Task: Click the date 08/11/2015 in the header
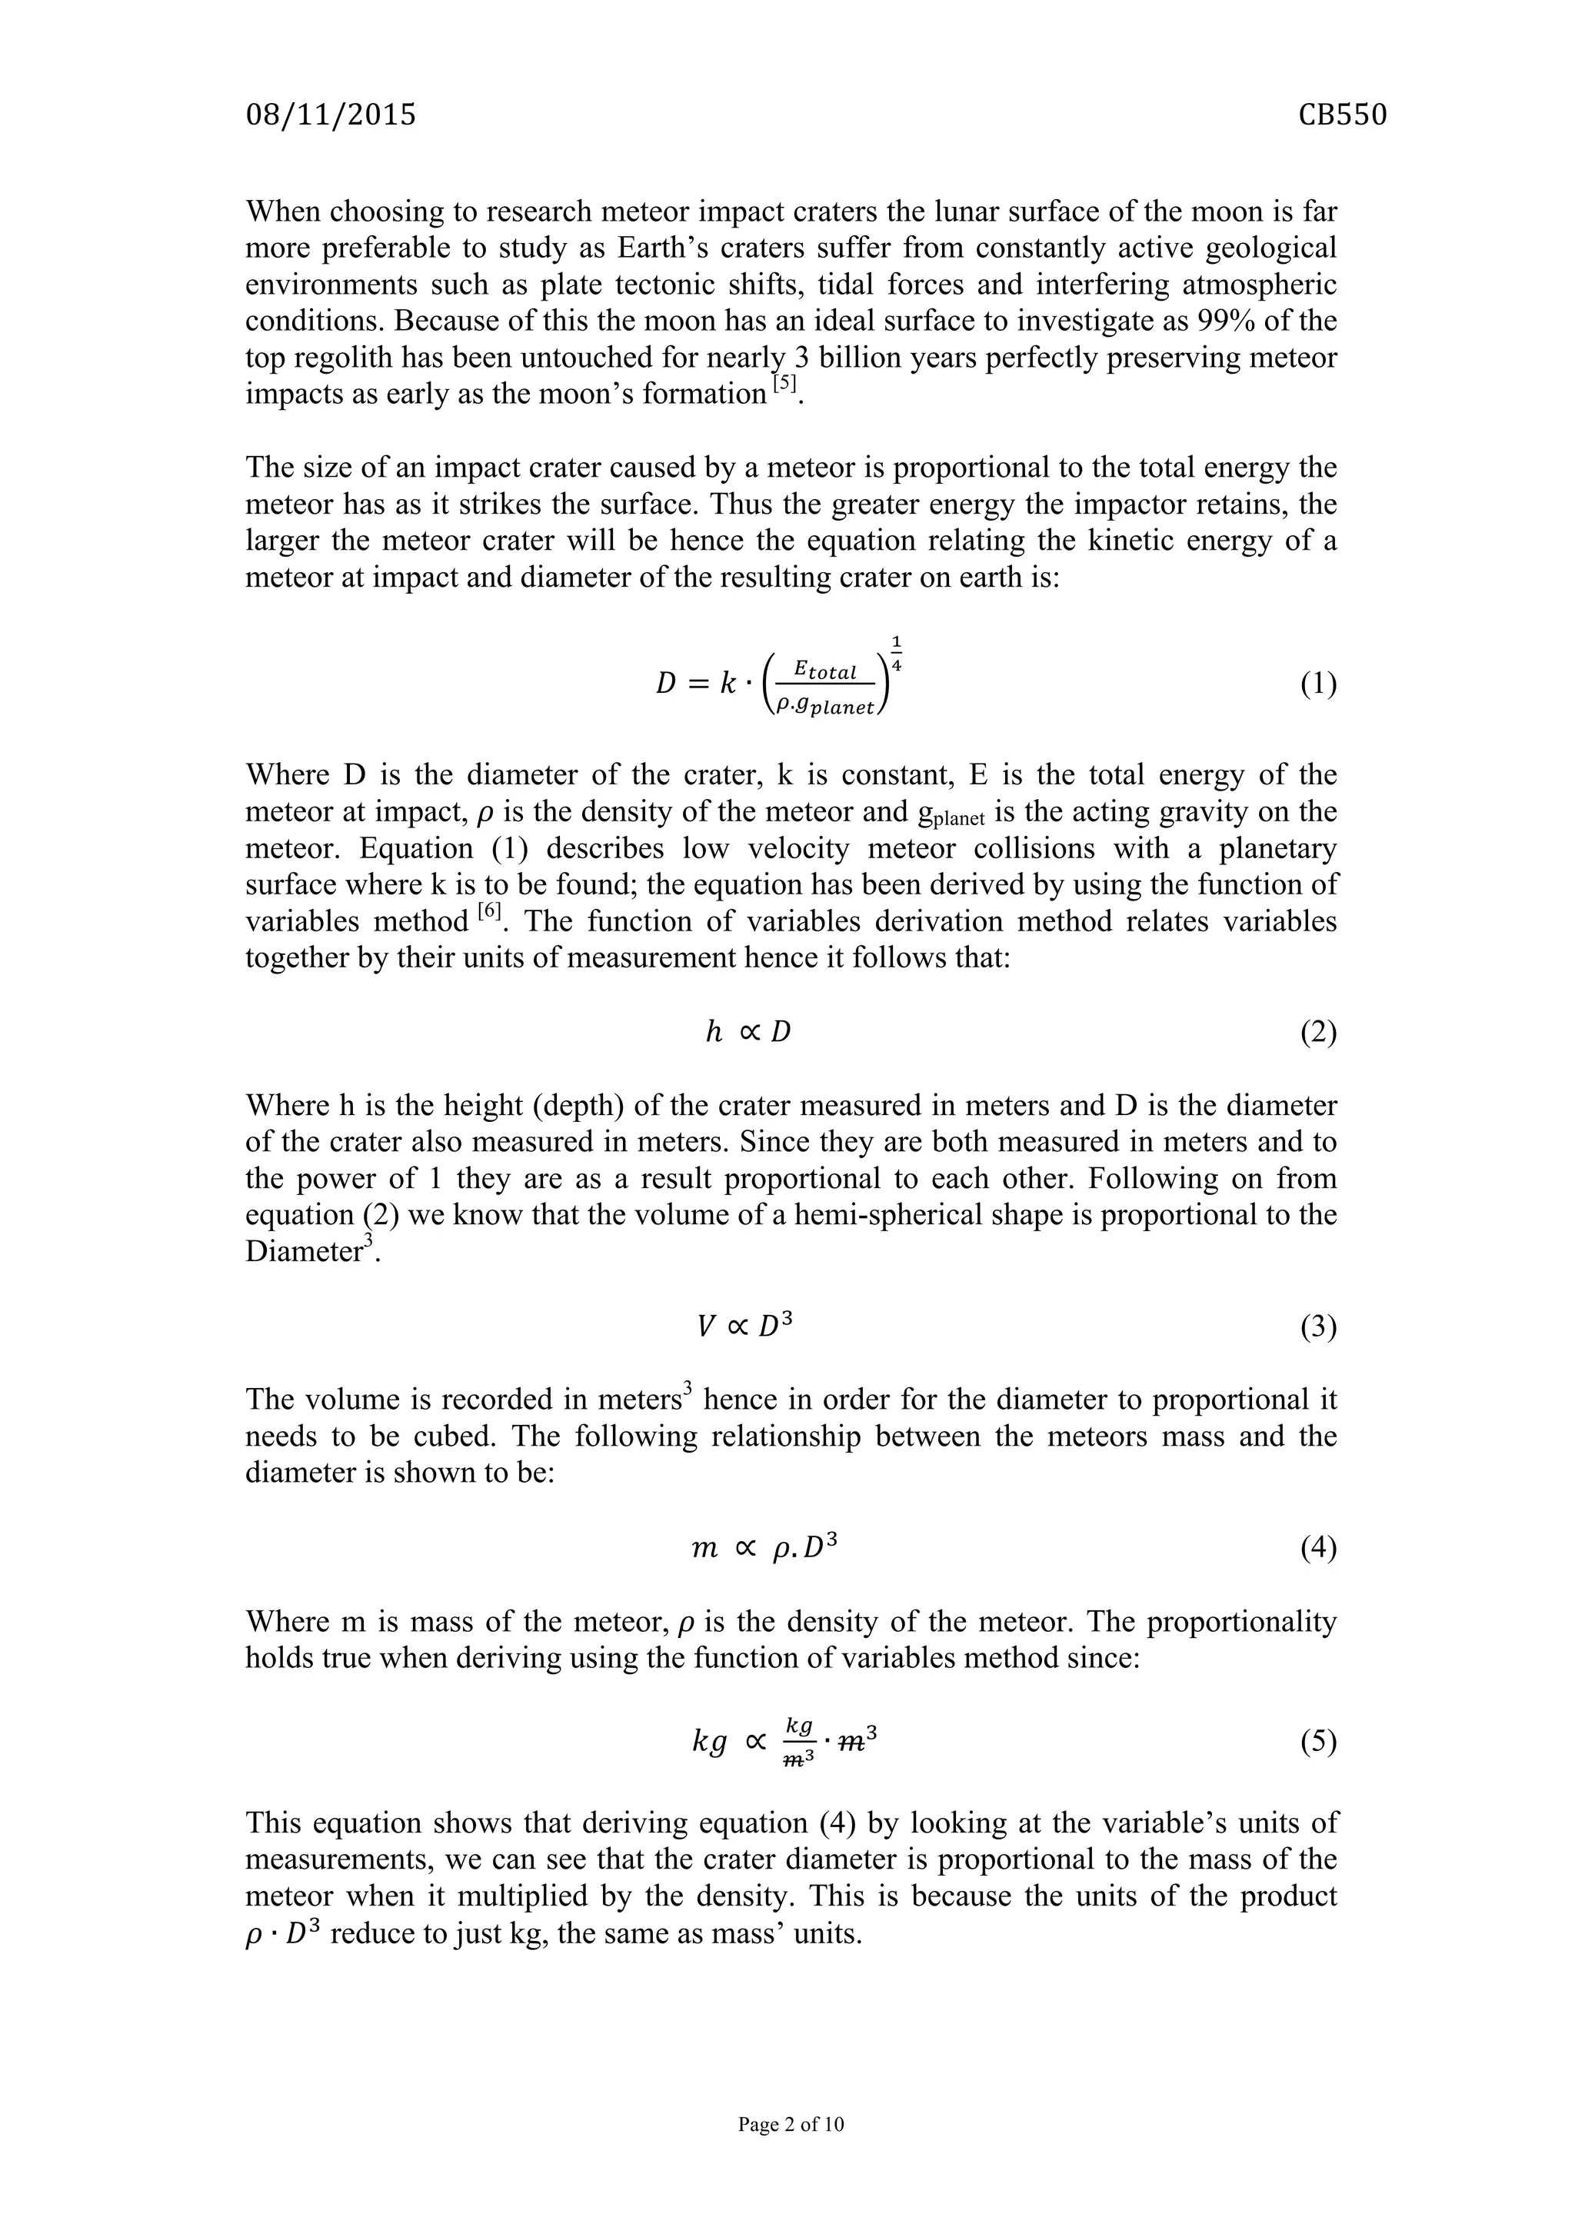(331, 115)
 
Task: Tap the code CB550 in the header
(1342, 115)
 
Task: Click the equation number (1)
(1318, 684)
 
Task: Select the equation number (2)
(1318, 1032)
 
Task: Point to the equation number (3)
(1318, 1326)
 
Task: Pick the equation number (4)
(1318, 1548)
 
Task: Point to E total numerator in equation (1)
(824, 671)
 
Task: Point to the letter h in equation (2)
(714, 1032)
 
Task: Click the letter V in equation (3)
(707, 1326)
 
